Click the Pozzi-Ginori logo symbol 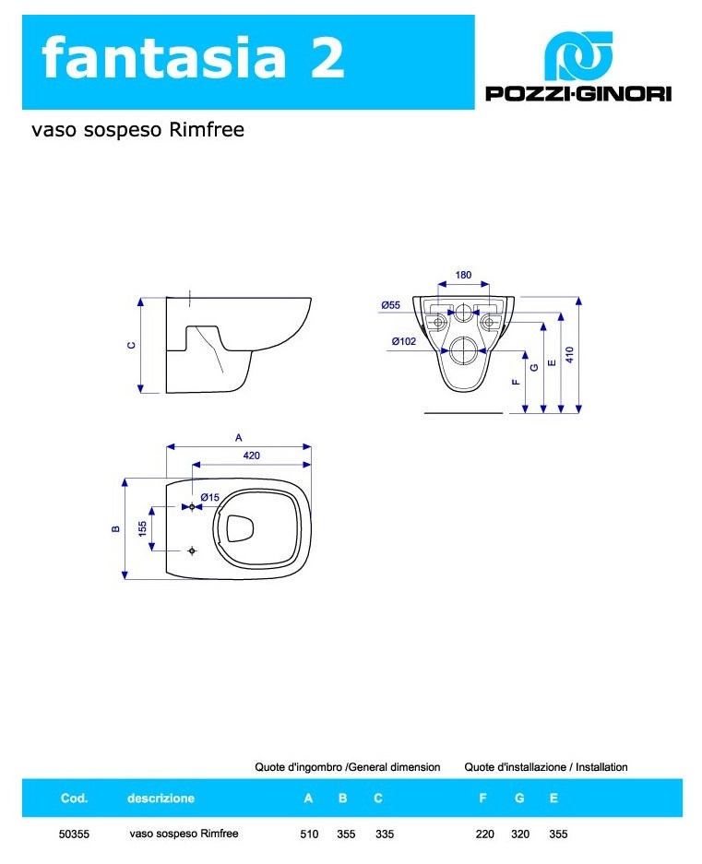(x=578, y=55)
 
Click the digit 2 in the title (x=327, y=57)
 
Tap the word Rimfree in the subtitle (x=207, y=129)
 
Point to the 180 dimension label (x=463, y=275)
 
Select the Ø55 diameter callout (x=391, y=304)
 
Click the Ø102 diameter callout (x=404, y=341)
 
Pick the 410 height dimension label (x=570, y=354)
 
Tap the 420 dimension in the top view (x=252, y=456)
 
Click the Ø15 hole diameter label (x=210, y=497)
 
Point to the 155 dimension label (x=143, y=529)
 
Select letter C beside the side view (x=131, y=346)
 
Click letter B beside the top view (x=116, y=529)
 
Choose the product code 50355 (x=74, y=834)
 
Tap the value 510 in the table (x=309, y=834)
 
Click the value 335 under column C (x=385, y=834)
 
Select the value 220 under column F (x=484, y=834)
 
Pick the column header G (x=519, y=798)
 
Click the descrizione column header (x=161, y=798)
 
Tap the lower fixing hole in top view (x=192, y=550)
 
